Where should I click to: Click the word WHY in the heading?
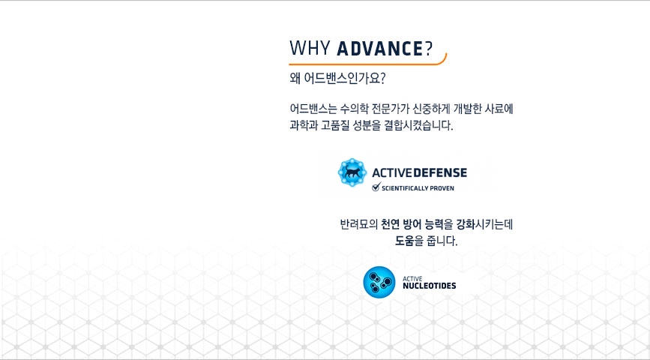tap(310, 48)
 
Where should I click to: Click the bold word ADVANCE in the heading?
tap(379, 48)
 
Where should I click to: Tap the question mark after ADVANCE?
tap(428, 48)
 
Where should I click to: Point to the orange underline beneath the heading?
tap(367, 63)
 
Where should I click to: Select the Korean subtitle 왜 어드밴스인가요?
tap(337, 79)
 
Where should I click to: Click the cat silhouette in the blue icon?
tap(352, 172)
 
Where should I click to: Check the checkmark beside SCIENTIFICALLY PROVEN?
tap(376, 187)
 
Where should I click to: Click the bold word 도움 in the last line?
tap(405, 241)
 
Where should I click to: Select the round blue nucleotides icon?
tap(379, 282)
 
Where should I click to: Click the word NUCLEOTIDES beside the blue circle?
tap(429, 286)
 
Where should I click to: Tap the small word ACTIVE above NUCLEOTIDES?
tap(412, 279)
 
